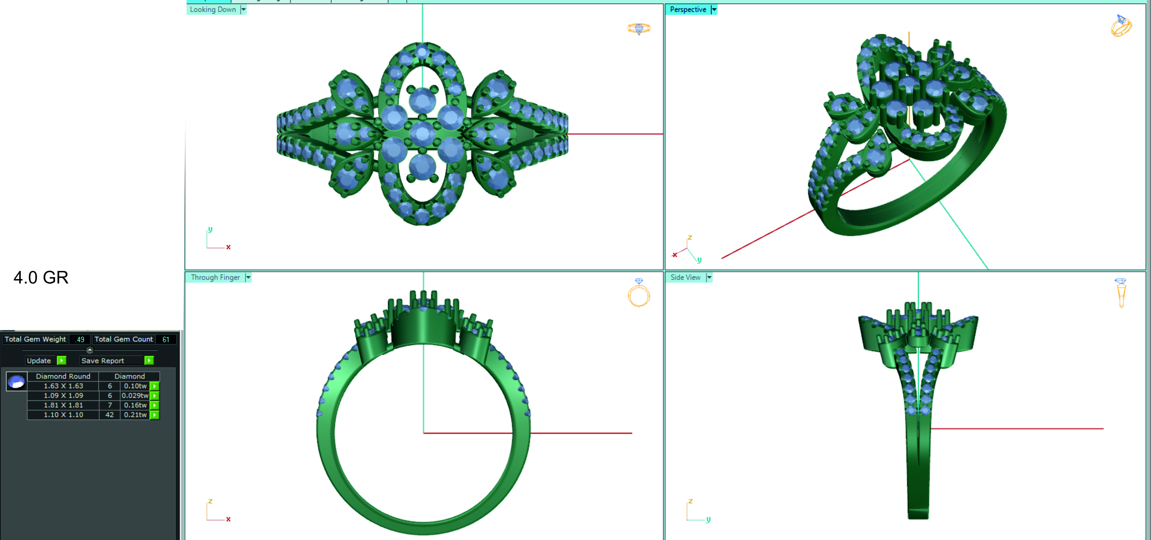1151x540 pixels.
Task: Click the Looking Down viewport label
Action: click(213, 9)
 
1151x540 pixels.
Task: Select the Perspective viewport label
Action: click(688, 9)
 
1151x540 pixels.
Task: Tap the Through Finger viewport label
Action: click(215, 277)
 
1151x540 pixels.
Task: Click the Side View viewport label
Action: click(685, 277)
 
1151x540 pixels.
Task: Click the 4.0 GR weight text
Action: click(41, 277)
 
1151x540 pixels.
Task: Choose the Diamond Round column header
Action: click(63, 376)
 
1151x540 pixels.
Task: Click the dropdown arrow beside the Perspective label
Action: click(714, 9)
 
